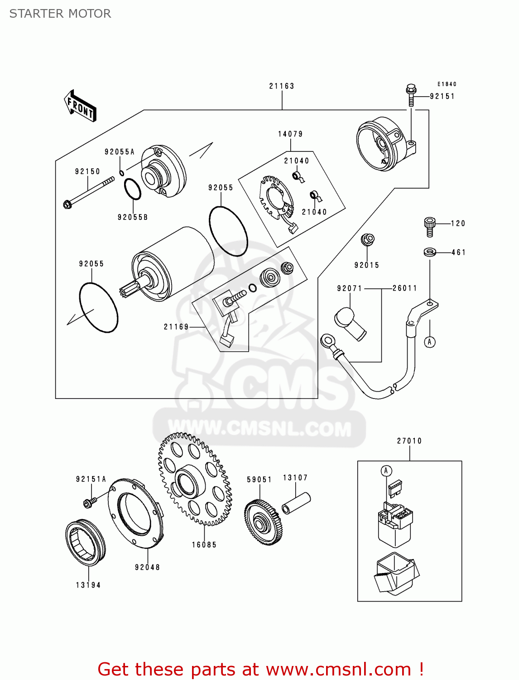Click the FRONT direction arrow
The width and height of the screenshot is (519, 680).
[80, 106]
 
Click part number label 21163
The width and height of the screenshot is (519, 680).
[282, 86]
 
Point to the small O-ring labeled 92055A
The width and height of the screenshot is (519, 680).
[122, 173]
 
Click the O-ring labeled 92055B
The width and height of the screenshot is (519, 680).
[132, 189]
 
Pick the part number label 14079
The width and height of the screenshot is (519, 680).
[290, 134]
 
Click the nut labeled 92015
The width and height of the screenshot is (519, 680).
[367, 239]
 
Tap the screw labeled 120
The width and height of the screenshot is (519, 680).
[429, 226]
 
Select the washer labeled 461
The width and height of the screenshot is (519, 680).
[429, 252]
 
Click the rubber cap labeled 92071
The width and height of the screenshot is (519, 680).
[350, 323]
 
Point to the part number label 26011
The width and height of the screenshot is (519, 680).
[404, 288]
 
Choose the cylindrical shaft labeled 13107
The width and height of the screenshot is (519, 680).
[296, 503]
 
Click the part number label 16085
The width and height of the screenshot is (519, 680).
[204, 545]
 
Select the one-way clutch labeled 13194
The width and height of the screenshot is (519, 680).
[85, 542]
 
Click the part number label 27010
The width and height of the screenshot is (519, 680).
[409, 441]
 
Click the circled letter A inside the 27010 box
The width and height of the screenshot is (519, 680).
[386, 471]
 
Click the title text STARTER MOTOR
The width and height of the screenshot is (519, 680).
[60, 14]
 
